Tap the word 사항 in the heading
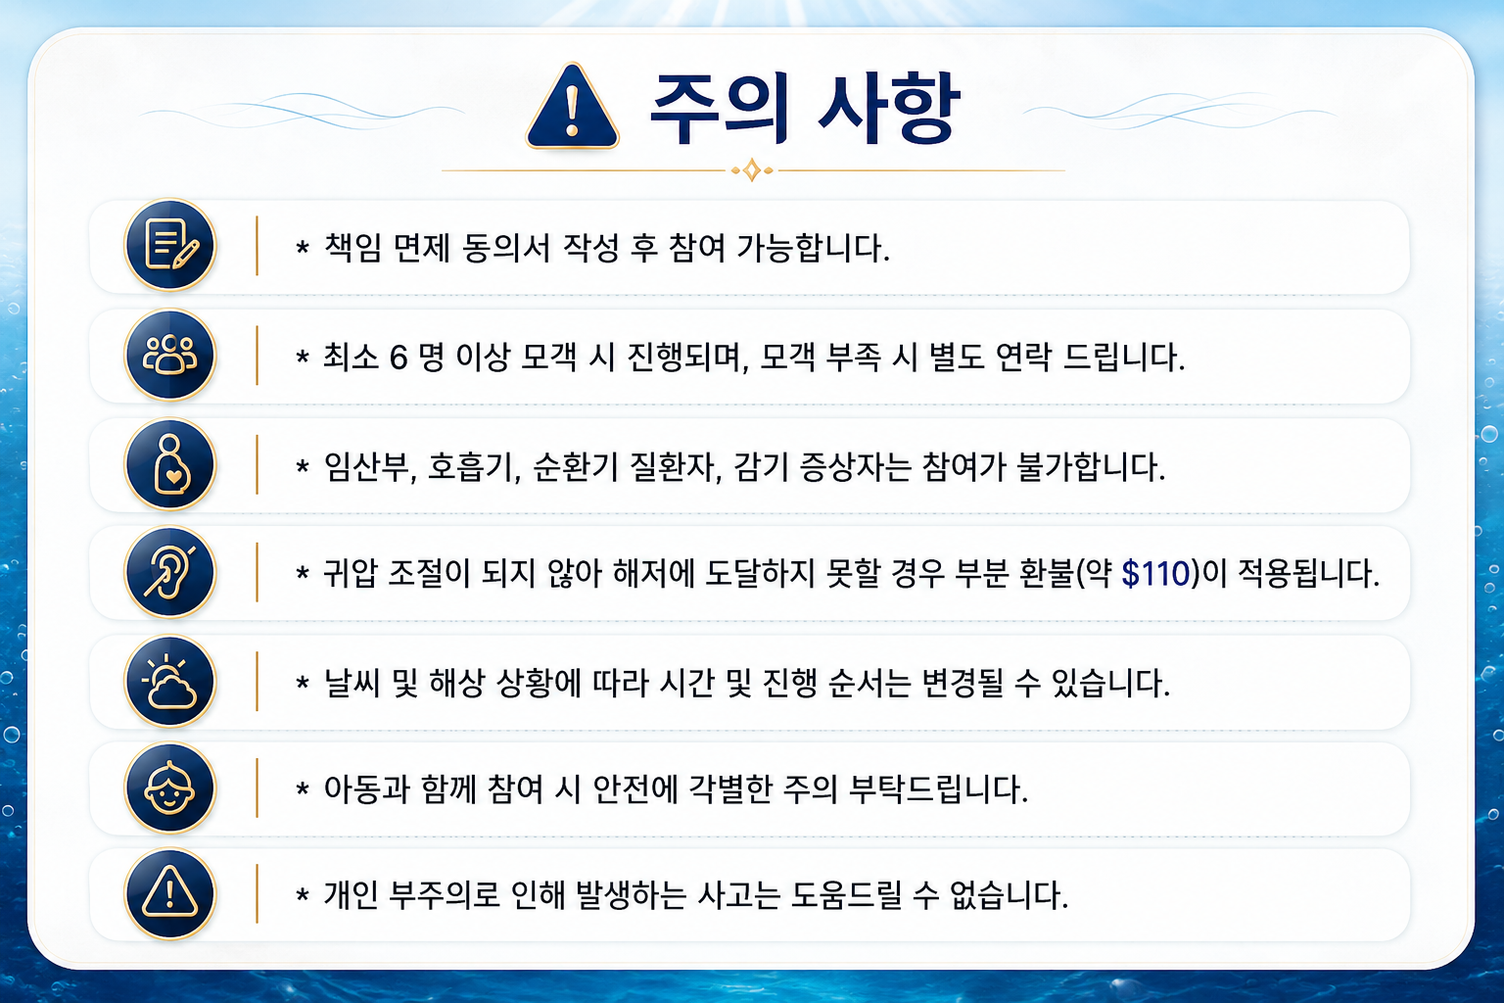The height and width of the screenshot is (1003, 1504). pos(889,109)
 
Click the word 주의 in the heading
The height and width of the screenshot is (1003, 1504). pos(719,109)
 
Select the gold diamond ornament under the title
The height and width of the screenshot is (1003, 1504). pos(752,170)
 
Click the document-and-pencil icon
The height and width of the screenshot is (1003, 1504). pos(169,245)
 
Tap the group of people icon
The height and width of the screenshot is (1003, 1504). pos(169,355)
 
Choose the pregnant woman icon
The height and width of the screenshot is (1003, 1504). pos(169,464)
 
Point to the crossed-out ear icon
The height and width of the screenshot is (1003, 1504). pos(169,572)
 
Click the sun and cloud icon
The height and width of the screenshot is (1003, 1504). pos(169,682)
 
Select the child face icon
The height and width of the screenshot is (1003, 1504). pos(169,788)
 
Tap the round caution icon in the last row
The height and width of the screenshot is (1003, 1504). pos(169,894)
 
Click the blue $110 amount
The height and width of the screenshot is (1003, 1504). pos(1155,574)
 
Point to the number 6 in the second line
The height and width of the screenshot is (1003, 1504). pos(399,357)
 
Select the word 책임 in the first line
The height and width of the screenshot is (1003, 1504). pos(353,248)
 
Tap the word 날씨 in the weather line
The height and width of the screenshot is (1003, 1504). pos(353,684)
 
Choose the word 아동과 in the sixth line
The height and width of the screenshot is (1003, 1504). pos(366,788)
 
